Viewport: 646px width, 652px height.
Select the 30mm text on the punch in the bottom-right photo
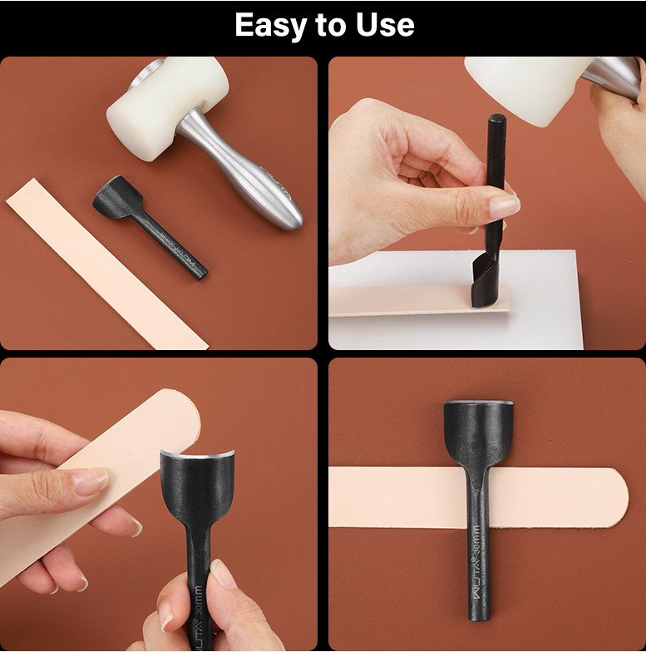476,540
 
